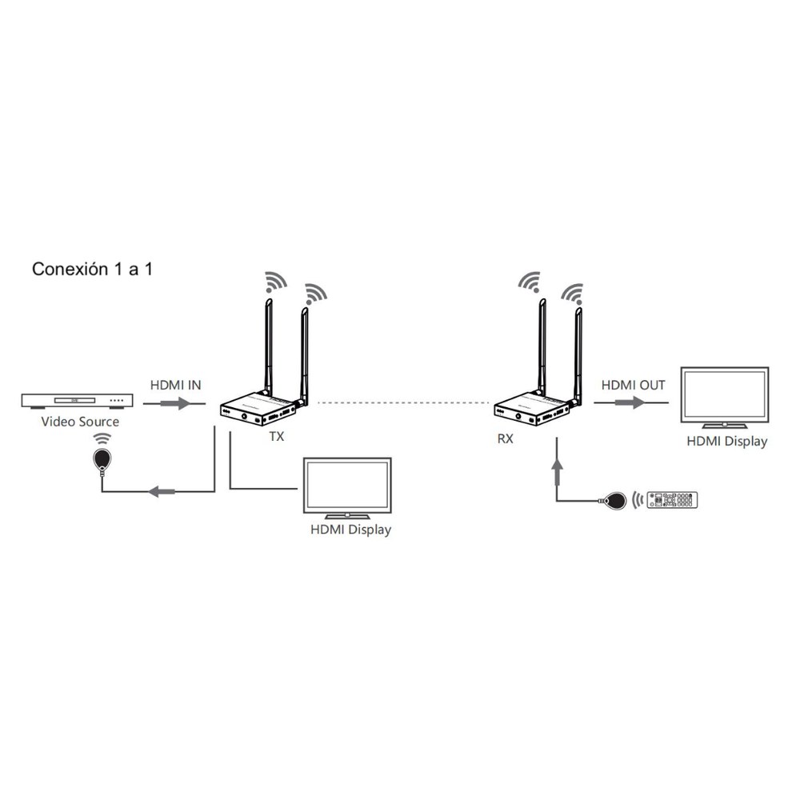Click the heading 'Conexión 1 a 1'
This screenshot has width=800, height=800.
(92, 269)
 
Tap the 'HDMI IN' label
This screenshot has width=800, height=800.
(175, 386)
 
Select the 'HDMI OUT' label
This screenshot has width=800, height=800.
(633, 386)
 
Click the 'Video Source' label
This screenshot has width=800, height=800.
(80, 422)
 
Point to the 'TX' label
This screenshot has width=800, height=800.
(277, 437)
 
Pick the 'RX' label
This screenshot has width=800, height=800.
(505, 438)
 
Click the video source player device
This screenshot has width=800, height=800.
(77, 401)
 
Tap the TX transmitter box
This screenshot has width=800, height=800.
(258, 409)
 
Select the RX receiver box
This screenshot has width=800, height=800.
(532, 409)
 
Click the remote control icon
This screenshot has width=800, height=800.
(672, 499)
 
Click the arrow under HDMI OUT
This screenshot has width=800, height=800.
(630, 403)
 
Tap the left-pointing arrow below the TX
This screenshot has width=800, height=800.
(162, 492)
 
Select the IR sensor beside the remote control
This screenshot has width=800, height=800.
(614, 501)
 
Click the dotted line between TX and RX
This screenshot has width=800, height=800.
(403, 403)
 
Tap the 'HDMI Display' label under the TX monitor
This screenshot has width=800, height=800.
(350, 530)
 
